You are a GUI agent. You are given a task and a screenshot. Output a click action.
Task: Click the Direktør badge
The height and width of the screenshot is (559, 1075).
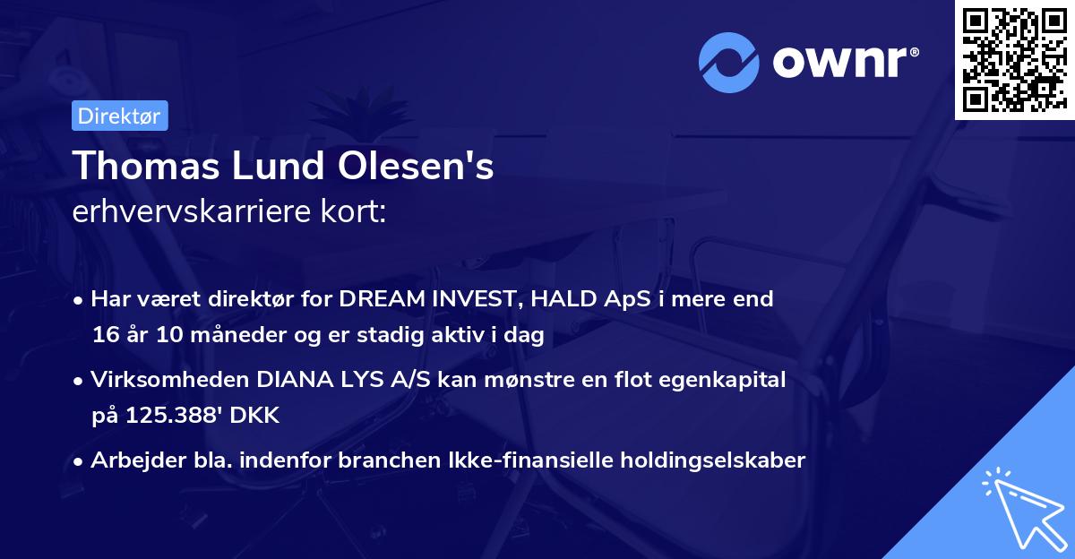tap(119, 116)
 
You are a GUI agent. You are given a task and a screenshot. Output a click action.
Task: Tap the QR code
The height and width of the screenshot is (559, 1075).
tap(1014, 59)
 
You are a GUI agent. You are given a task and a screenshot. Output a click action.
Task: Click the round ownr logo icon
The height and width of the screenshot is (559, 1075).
tap(729, 62)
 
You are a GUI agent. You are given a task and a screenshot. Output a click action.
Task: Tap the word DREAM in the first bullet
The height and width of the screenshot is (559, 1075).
tap(380, 299)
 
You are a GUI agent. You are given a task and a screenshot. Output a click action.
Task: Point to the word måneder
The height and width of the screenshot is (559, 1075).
tap(236, 336)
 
